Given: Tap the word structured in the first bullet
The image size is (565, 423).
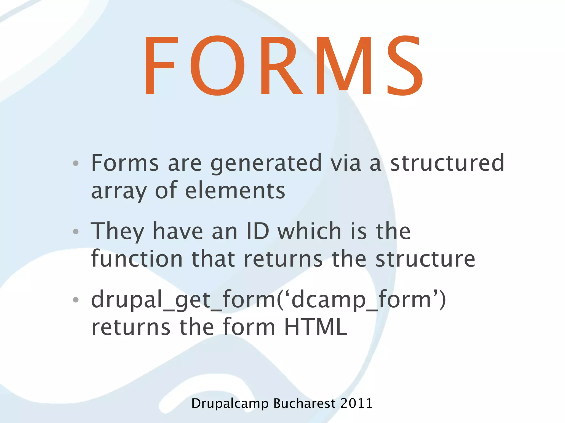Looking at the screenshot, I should click(x=447, y=163).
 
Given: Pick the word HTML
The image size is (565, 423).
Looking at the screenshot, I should click(x=316, y=327).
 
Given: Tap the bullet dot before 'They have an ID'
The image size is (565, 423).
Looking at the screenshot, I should click(x=76, y=231).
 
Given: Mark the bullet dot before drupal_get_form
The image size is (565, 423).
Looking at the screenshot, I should click(x=76, y=300).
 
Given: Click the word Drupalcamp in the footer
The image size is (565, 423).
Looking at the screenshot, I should click(x=230, y=404).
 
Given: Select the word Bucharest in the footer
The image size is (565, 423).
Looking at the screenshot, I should click(x=304, y=403).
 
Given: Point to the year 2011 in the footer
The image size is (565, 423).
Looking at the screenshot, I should click(x=356, y=403).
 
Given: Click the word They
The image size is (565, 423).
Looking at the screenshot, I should click(x=118, y=231).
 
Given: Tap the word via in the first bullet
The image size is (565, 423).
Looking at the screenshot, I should click(x=346, y=163).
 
